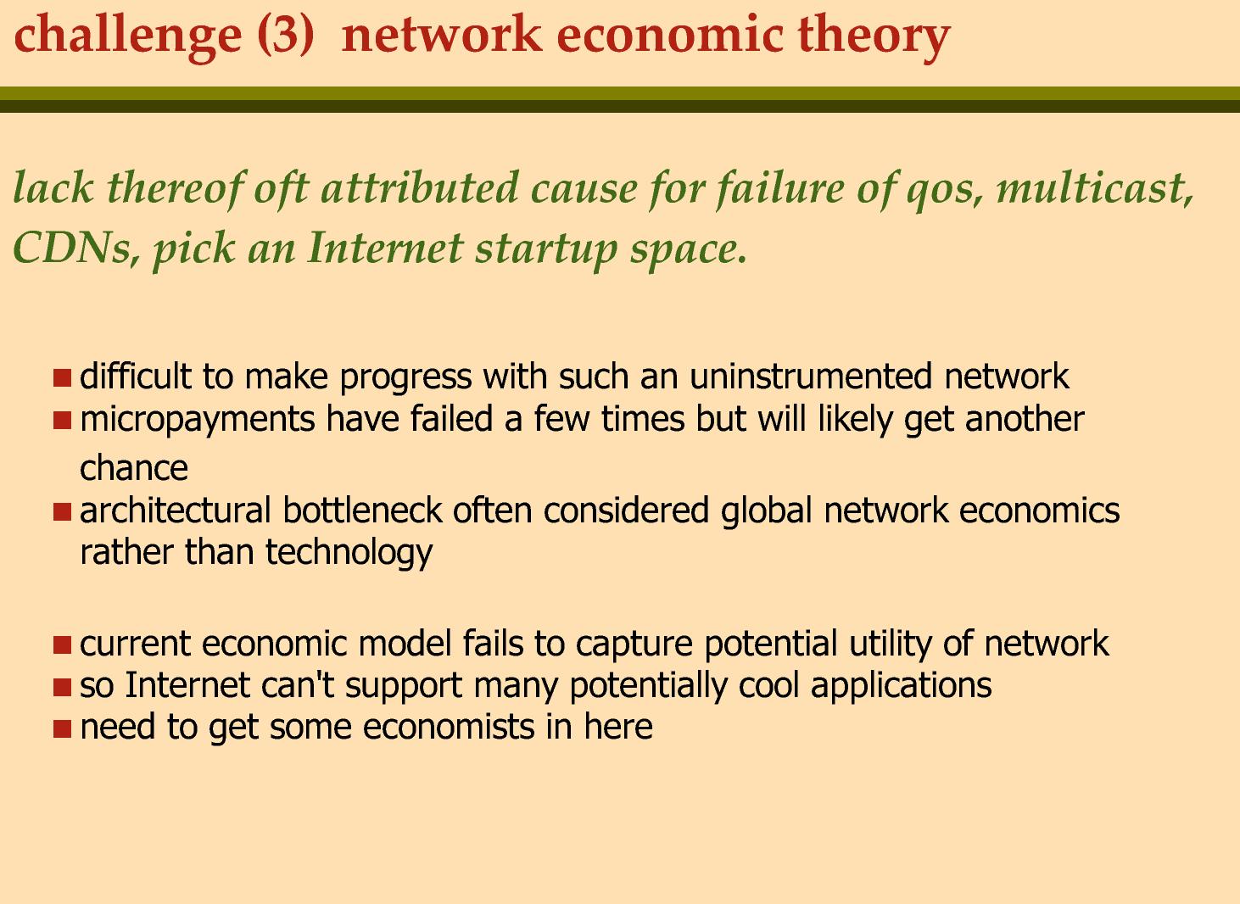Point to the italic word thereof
[176, 189]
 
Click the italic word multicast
[1094, 188]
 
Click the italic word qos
[943, 193]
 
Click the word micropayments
[197, 420]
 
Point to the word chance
[134, 468]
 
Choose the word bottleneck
[363, 510]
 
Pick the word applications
[901, 686]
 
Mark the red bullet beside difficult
[63, 378]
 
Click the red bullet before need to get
[63, 728]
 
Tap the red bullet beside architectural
[63, 512]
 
